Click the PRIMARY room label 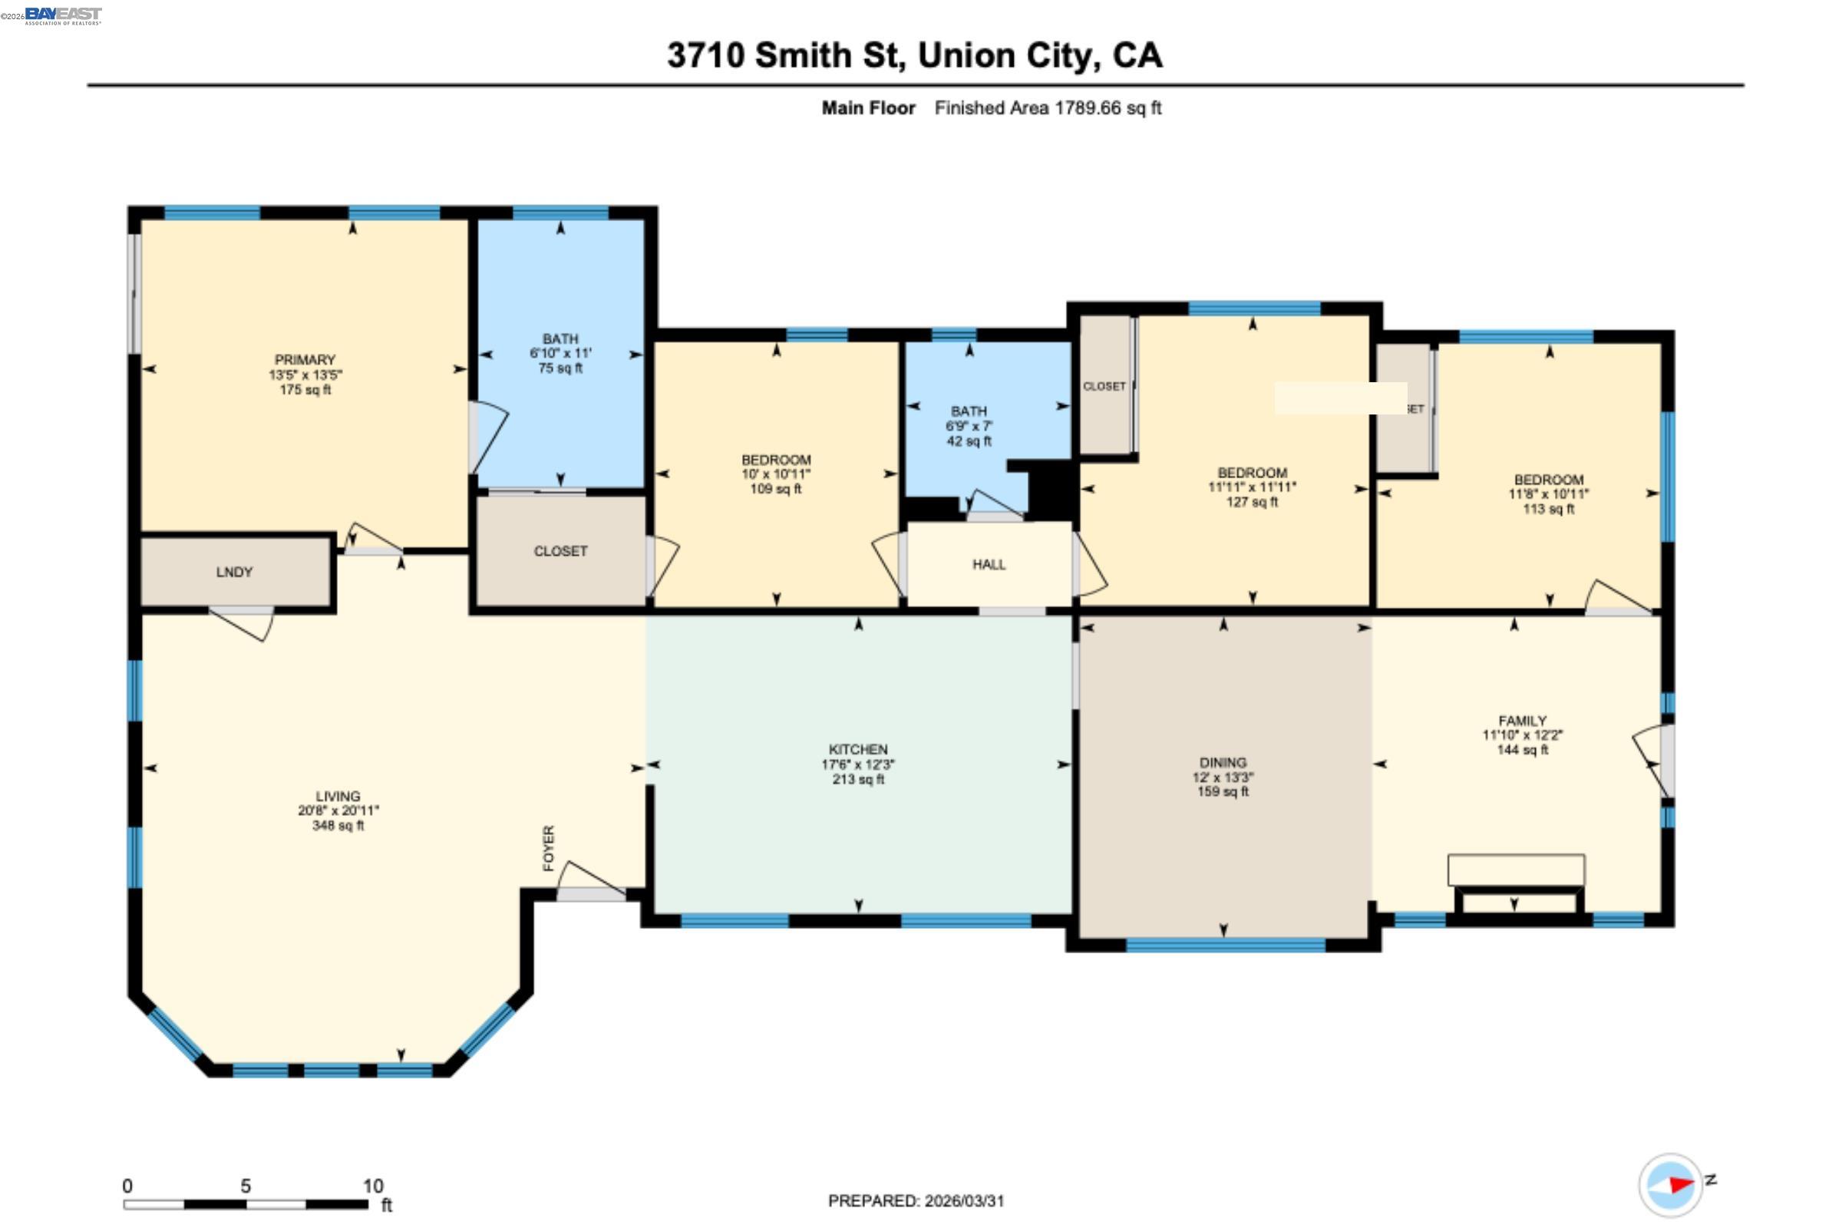point(305,359)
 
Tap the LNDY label point(234,573)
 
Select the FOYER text point(549,847)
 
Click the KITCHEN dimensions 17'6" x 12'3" point(857,764)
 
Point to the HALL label point(989,565)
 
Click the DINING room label point(1223,762)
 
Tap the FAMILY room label point(1522,721)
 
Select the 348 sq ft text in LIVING point(338,826)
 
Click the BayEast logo point(62,15)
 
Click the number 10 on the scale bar point(373,1186)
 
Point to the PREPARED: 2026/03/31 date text point(916,1200)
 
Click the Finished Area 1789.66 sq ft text point(1047,108)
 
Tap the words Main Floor point(868,108)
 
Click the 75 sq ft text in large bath point(560,368)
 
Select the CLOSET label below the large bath point(560,551)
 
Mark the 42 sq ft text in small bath point(969,441)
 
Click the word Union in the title point(968,55)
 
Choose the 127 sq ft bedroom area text point(1252,502)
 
